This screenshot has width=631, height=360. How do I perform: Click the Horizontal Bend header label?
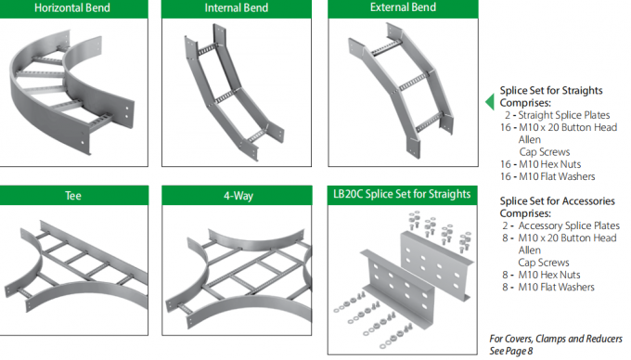click(72, 8)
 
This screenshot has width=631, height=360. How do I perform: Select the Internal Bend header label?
click(237, 8)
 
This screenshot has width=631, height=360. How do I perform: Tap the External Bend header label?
click(403, 7)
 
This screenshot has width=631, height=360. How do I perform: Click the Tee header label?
click(73, 196)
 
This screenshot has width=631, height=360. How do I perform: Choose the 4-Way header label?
click(238, 196)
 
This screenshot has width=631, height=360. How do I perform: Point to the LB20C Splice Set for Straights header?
click(402, 194)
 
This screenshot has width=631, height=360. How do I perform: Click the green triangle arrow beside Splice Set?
click(490, 102)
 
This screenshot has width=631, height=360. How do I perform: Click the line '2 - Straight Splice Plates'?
click(558, 115)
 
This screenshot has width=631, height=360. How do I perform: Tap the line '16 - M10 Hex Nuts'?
click(540, 164)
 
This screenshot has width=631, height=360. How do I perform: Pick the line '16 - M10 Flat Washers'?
click(547, 176)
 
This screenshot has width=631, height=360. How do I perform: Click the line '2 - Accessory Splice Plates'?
click(560, 225)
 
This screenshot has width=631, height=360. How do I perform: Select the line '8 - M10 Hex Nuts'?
click(541, 275)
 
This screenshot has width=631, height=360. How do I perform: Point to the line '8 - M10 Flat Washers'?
click(547, 288)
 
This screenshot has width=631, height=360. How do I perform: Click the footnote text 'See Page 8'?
click(511, 351)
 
